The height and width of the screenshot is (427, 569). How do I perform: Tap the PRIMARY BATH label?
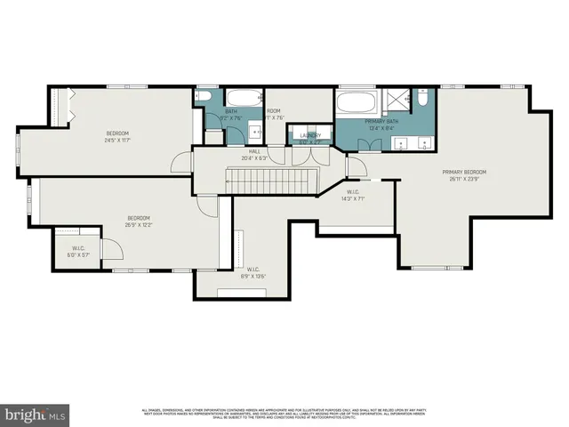[381, 120]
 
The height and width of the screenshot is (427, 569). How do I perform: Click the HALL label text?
[254, 152]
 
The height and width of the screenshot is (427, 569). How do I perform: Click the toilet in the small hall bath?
[204, 99]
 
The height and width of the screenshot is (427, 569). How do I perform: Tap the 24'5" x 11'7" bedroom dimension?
[117, 141]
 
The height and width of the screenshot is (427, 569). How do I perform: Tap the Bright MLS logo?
[36, 415]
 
